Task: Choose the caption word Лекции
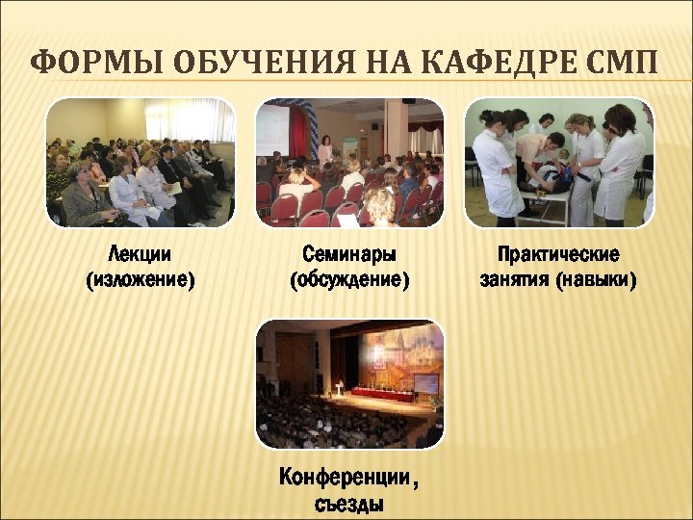point(141,255)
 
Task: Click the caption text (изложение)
point(141,280)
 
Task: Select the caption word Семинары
point(349,255)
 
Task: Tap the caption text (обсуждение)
point(349,280)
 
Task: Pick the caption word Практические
point(558,255)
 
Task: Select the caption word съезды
point(349,503)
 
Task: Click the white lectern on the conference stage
point(338,389)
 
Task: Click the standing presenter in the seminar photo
point(325,151)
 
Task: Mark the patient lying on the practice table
point(549,178)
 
